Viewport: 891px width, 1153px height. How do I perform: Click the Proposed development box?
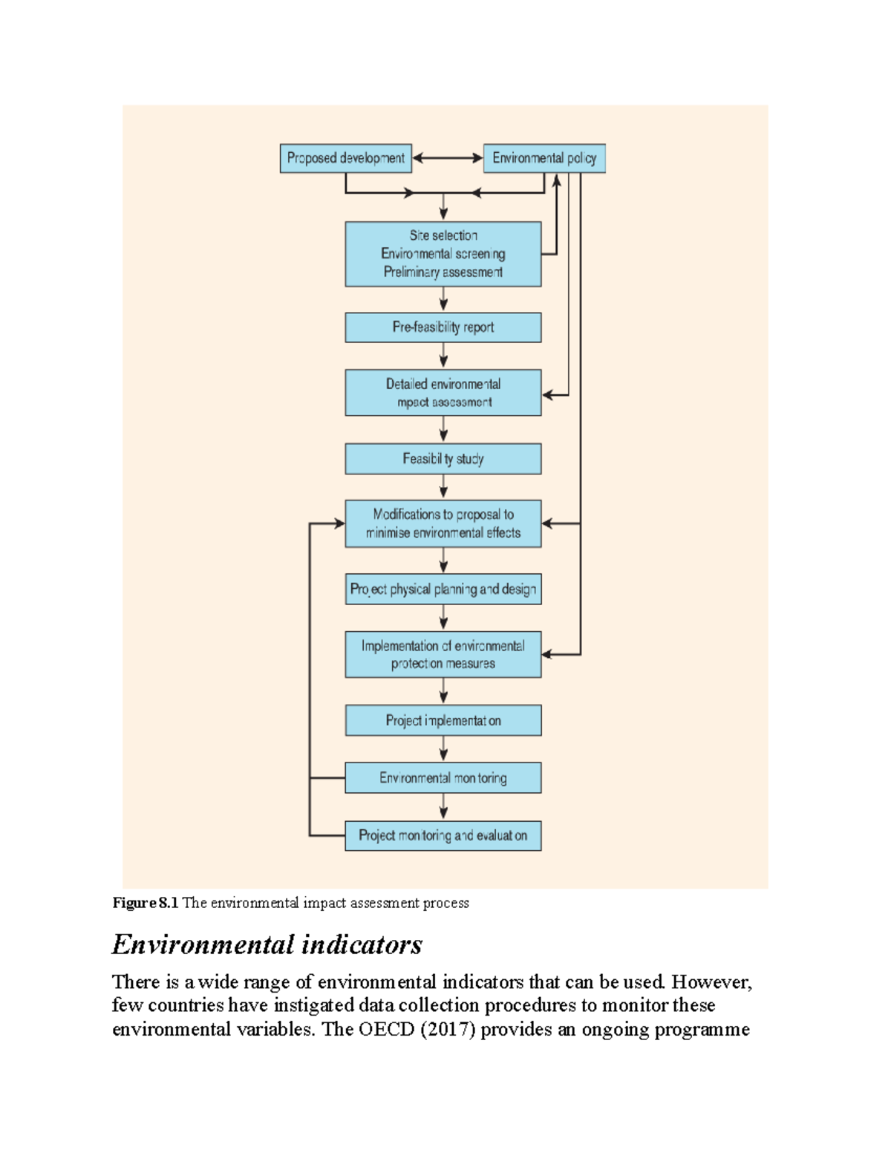(345, 158)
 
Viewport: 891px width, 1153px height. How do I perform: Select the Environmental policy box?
(544, 158)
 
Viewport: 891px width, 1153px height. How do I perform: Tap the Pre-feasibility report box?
(443, 327)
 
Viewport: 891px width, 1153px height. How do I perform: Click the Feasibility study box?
(443, 459)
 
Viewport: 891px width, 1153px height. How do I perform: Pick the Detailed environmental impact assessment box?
(443, 393)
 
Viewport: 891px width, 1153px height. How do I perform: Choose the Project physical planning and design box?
(443, 589)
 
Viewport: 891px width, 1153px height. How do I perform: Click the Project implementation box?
(443, 720)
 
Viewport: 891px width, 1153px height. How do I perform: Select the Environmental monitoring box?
(443, 778)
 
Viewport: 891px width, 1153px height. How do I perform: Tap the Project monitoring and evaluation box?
(443, 836)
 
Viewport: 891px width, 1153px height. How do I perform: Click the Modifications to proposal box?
(443, 523)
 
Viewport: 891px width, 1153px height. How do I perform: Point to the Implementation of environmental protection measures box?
(443, 655)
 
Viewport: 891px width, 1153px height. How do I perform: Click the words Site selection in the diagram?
(443, 235)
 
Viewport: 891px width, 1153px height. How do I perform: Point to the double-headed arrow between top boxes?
(448, 158)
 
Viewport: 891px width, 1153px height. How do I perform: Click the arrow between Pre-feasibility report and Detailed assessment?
(443, 356)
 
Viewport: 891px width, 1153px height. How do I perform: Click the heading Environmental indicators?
(267, 945)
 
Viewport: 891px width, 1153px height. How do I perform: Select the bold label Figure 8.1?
(146, 904)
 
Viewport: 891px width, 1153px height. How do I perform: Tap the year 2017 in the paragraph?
(447, 1030)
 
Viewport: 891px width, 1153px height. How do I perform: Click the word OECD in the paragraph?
(386, 1030)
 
